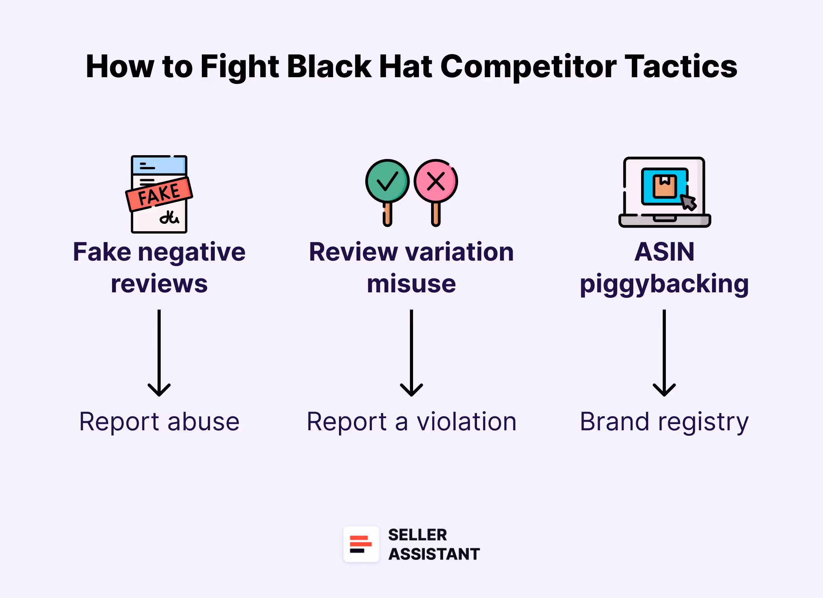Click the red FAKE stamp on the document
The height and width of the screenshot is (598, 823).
(x=159, y=194)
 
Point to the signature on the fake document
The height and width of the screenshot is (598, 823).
(x=169, y=217)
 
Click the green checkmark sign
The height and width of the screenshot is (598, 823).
(x=387, y=181)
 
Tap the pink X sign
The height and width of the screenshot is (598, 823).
(x=436, y=181)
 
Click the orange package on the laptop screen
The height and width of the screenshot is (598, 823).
(x=664, y=186)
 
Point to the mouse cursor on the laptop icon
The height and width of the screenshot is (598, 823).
(x=688, y=202)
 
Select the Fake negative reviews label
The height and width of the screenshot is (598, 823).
(x=159, y=267)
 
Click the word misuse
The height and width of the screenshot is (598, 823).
(x=411, y=284)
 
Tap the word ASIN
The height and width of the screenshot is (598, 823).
(x=664, y=252)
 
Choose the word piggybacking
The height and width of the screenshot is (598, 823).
(x=664, y=285)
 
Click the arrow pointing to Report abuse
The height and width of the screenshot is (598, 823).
(x=159, y=353)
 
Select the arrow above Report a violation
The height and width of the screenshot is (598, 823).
(x=411, y=353)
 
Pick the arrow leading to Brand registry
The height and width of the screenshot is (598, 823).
(x=664, y=353)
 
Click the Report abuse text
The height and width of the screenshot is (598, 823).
(x=159, y=422)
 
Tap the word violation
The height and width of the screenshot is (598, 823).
(x=466, y=422)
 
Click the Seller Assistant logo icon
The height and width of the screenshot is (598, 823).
(x=361, y=544)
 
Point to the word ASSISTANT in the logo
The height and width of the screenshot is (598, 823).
(x=434, y=554)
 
